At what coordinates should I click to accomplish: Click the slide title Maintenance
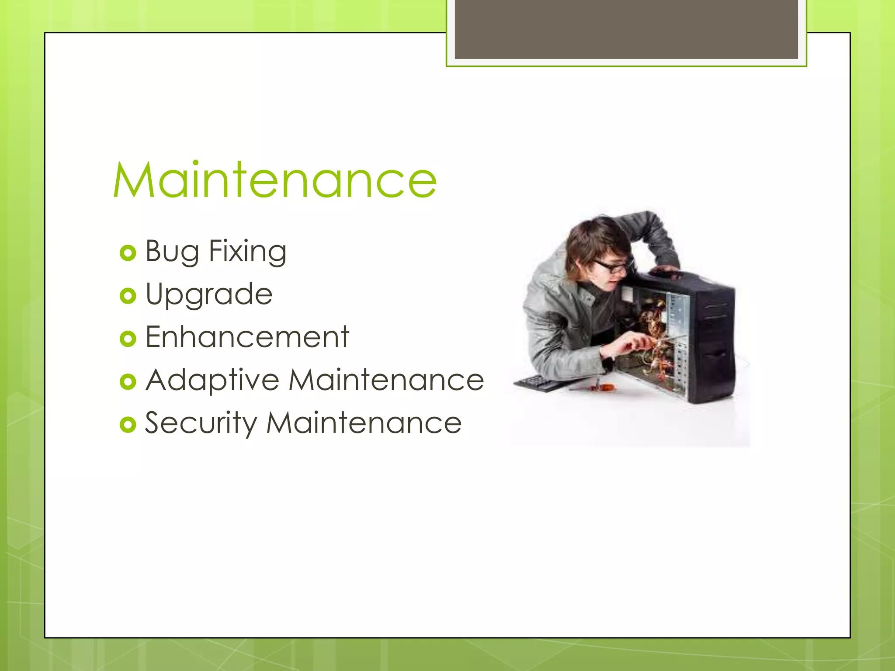pos(275,180)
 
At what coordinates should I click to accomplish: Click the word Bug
pos(172,252)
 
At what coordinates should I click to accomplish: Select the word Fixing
pos(247,252)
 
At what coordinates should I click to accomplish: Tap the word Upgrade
pos(209,294)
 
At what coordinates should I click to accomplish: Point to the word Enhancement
pos(247,337)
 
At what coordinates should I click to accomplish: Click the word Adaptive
pos(212,380)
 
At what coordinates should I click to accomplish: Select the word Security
pos(201,423)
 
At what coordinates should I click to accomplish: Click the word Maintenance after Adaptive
pos(386,379)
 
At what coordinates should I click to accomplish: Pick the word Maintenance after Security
pos(364,422)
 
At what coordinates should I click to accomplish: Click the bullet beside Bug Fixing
pos(128,253)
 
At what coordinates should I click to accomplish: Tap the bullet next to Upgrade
pos(128,296)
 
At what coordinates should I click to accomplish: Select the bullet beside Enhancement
pos(128,339)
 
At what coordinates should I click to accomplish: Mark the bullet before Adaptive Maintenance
pos(128,381)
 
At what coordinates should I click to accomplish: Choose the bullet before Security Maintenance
pos(128,424)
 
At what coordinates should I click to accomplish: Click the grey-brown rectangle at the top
pos(626,29)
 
